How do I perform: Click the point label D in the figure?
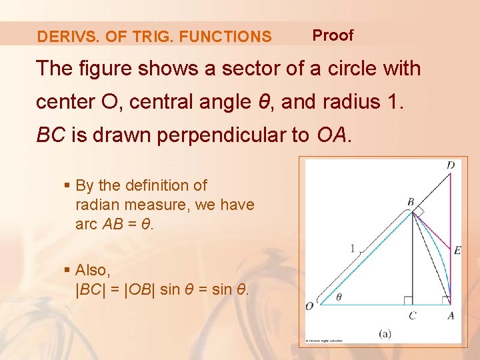coord(451,165)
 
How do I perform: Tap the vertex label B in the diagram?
coord(411,201)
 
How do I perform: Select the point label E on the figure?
coord(457,250)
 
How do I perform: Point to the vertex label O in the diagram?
coord(309,306)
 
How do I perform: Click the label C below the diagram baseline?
coord(412,315)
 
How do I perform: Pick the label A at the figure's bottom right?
coord(451,315)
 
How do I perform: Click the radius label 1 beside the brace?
coord(353,248)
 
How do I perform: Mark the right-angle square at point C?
coord(408,300)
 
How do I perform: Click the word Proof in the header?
coord(333,35)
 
